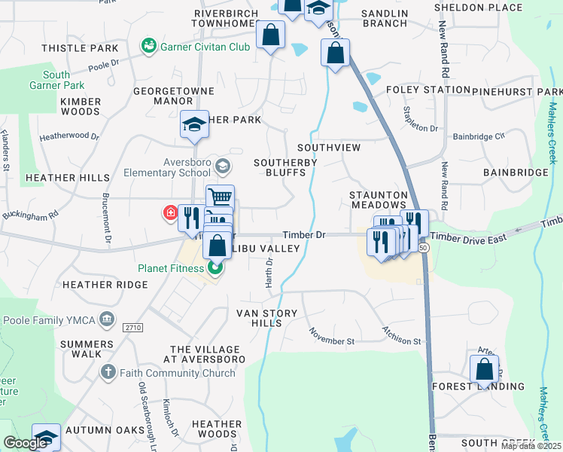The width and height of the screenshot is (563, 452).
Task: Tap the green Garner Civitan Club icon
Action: pos(148,47)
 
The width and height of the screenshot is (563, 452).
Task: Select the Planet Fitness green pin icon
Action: pos(216,267)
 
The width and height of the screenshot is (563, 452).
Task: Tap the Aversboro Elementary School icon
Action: pos(221,165)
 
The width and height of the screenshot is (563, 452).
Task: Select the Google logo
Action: pos(26,443)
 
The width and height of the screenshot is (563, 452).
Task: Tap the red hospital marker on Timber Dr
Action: pos(171,214)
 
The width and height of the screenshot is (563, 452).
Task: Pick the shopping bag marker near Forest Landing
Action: pos(484,370)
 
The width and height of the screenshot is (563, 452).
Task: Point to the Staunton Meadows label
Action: pos(379,200)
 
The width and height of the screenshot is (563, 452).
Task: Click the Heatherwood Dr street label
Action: pos(69,137)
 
